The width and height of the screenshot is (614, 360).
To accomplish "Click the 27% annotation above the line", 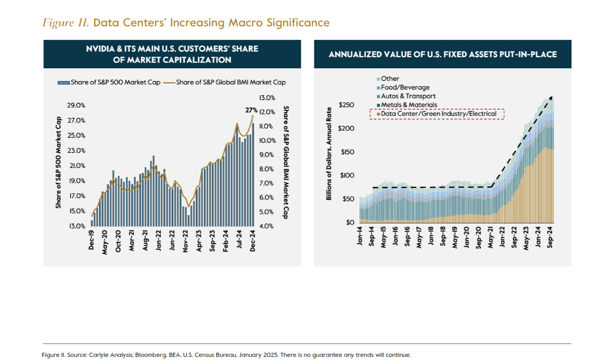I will pyautogui.click(x=251, y=110).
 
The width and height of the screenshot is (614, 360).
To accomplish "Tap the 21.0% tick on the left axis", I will pyautogui.click(x=77, y=166).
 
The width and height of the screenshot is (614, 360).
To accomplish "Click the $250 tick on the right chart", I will pyautogui.click(x=346, y=105).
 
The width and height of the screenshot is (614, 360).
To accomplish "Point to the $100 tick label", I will pyautogui.click(x=346, y=176).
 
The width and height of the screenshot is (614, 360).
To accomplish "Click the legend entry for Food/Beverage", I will pyautogui.click(x=405, y=87).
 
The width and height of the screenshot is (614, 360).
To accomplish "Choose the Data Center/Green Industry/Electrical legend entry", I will pyautogui.click(x=438, y=114).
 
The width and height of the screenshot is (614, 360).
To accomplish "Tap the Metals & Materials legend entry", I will pyautogui.click(x=409, y=105).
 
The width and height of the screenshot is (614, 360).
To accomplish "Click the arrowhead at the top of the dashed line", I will pyautogui.click(x=551, y=98).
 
